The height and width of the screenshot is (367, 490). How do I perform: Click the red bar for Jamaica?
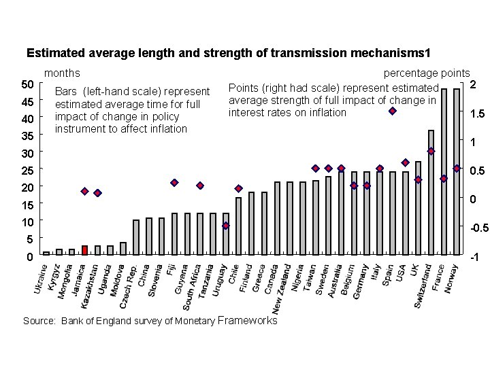coord(84,250)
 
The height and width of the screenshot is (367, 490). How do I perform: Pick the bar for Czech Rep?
coord(136,237)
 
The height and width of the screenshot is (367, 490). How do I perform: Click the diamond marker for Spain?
coord(393,111)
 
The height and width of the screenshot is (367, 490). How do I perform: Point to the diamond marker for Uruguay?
coord(226,226)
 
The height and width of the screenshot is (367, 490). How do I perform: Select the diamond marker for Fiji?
coord(174,183)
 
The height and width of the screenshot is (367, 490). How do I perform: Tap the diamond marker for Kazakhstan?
coord(97,193)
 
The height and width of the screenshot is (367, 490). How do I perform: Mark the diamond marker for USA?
coord(406,162)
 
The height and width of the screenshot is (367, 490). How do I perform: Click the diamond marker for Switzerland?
coord(431,151)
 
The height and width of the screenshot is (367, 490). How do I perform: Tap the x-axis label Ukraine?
coord(40,280)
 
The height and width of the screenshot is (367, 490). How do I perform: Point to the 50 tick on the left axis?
coord(27,84)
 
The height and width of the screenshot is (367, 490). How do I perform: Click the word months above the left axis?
coord(62,73)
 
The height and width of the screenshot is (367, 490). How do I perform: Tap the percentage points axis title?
coord(427,73)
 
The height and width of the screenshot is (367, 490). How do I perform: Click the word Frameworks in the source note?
coord(248,320)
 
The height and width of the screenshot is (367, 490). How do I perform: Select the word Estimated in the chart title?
coord(53,52)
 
